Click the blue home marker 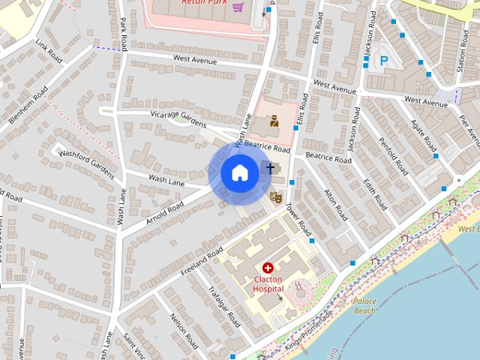click(240, 173)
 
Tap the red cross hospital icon click(268, 268)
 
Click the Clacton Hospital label click(268, 283)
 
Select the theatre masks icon click(276, 197)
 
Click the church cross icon click(269, 168)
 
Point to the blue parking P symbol click(384, 61)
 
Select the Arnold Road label click(165, 209)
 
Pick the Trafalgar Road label click(223, 305)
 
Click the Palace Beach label click(364, 305)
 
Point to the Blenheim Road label click(28, 106)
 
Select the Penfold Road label click(393, 153)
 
